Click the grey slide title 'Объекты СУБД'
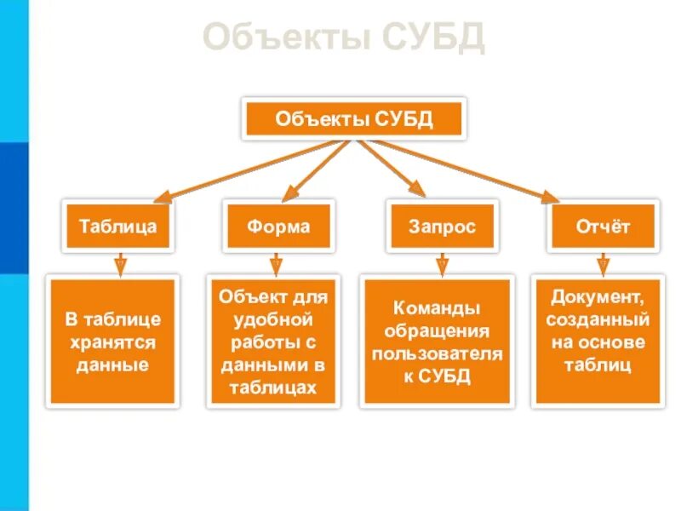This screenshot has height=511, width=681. coord(344,38)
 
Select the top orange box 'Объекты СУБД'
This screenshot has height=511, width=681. coord(354,118)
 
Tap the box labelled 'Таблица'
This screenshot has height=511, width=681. coord(117,227)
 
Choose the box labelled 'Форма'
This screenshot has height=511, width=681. coord(278,227)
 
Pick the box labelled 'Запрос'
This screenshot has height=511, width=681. coord(441,227)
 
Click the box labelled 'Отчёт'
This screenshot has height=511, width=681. coord(603,227)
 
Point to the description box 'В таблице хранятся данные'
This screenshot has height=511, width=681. coord(112,342)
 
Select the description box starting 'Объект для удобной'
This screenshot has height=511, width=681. coord(273,342)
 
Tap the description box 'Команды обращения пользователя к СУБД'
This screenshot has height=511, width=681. coord(438,342)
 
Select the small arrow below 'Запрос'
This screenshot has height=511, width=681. coord(441,266)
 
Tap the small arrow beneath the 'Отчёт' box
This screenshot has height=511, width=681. coord(603,265)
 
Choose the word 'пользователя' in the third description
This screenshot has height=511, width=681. coord(438,353)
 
